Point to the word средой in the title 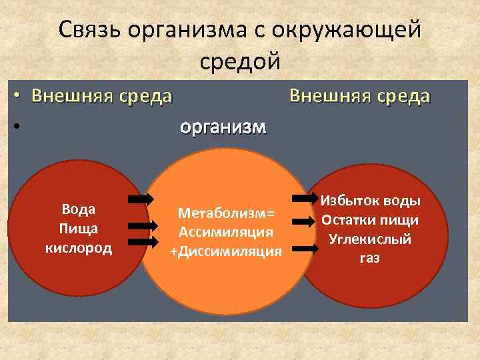coord(240,61)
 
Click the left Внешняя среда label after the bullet coord(102,97)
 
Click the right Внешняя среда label coord(360,96)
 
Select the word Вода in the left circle coord(79,209)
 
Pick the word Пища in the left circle coord(79,229)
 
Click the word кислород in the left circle coord(79,249)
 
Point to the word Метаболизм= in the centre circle coord(226,213)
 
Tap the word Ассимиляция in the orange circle coord(226,232)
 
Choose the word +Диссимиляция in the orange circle coord(226,251)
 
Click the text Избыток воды coord(369,200)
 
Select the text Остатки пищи coord(369,219)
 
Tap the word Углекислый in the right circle coord(369,239)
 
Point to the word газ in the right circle coord(369,258)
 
